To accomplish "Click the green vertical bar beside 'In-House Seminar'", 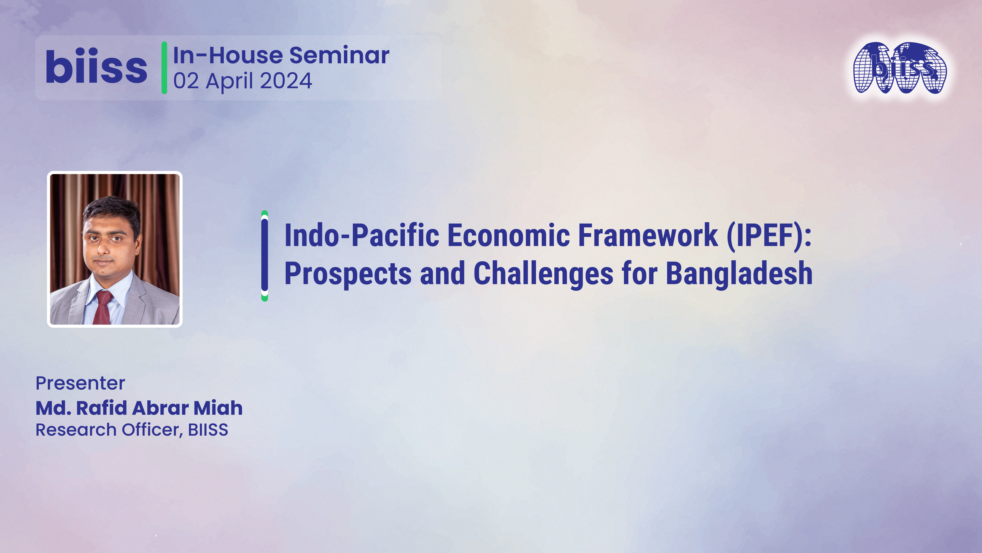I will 164,68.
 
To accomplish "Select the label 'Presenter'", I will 80,383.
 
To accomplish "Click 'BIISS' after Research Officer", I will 208,430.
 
